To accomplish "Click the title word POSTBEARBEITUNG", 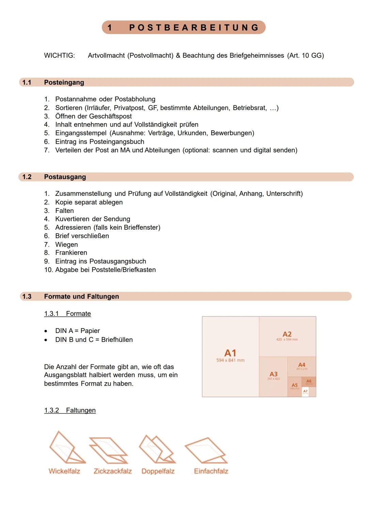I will point(194,28).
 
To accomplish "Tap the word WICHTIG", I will point(59,55).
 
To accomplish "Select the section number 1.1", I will point(27,82).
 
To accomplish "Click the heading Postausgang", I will point(65,177).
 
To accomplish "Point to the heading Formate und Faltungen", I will point(81,296).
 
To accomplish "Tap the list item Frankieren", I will point(71,253).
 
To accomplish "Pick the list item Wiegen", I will point(66,245).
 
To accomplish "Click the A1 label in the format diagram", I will point(230,353).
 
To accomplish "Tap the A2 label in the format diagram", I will point(287,334).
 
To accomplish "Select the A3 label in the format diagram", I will point(273,374).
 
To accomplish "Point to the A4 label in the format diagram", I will point(302,365).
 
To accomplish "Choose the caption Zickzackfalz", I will point(112,471).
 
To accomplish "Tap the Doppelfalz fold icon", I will point(157,449).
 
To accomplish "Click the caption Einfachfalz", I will point(211,471).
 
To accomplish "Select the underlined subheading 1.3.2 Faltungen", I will point(70,410).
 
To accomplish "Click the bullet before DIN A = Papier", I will point(46,331).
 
